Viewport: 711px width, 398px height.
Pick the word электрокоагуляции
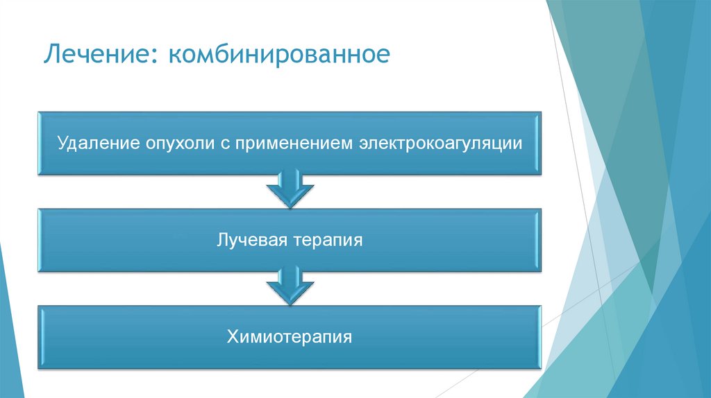pos(439,144)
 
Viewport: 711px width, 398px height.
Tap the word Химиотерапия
pos(289,338)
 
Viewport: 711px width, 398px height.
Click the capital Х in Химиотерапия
pos(231,338)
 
